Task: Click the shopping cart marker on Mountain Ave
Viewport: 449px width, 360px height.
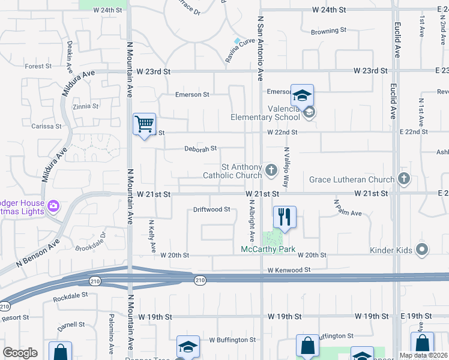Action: coord(144,125)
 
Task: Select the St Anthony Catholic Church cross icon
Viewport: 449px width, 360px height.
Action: coord(271,171)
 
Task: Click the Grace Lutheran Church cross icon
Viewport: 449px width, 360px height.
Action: coord(404,179)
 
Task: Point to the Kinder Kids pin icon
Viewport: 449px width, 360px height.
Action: coord(422,248)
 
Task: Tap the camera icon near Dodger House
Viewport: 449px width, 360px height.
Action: coord(53,206)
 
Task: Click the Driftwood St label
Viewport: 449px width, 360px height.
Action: coord(211,209)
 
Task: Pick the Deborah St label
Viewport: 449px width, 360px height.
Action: coord(200,148)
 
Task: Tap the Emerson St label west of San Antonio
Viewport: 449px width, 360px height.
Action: coord(192,94)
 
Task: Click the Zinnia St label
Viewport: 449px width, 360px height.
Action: coord(85,106)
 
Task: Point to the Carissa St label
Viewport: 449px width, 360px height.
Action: coord(47,127)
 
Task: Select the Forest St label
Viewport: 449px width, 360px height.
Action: coord(38,67)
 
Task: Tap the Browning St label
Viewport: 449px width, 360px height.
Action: coord(328,31)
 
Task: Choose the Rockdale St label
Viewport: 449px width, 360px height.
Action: coord(70,296)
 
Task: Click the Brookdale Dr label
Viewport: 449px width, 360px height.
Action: coord(91,241)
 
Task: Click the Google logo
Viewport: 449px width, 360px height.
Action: coord(20,353)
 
